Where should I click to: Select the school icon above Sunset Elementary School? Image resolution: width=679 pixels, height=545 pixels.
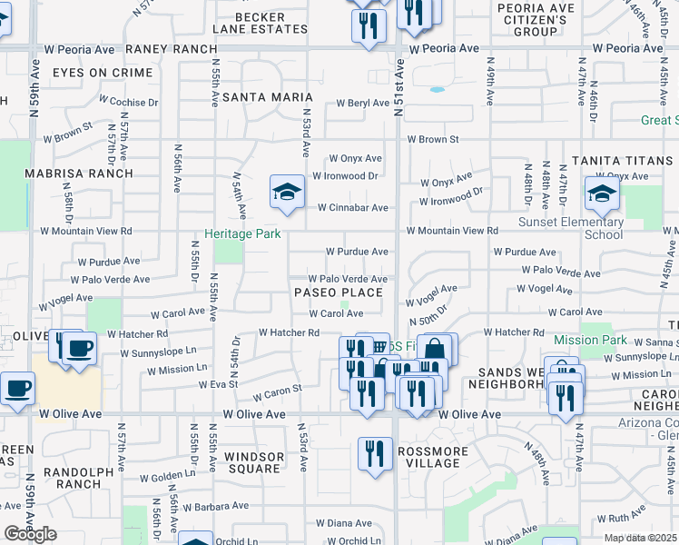pos(601,193)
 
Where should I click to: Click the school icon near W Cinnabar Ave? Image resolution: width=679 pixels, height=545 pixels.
pos(287,193)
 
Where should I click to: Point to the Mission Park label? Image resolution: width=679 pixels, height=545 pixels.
pos(589,341)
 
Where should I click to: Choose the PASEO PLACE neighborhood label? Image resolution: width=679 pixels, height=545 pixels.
pos(338,292)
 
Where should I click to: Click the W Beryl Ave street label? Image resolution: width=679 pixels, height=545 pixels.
pos(362,104)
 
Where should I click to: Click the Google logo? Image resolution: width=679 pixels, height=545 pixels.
pos(30,534)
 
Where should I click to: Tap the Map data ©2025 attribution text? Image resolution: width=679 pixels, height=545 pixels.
pos(640,538)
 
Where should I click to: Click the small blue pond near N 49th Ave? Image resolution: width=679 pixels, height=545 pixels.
pos(438,90)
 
